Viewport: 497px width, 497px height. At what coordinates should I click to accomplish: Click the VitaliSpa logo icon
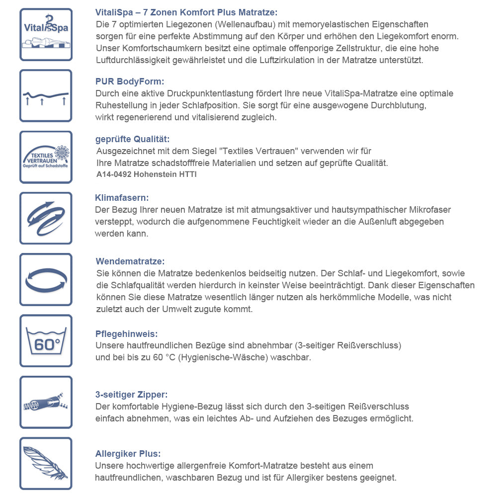46,34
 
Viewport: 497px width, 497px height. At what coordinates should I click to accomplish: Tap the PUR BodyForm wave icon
46,95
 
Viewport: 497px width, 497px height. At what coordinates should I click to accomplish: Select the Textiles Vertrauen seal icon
46,157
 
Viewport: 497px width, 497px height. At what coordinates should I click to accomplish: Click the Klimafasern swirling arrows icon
46,218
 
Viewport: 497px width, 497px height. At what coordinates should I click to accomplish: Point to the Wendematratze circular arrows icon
46,279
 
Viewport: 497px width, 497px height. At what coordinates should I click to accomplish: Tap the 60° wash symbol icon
46,340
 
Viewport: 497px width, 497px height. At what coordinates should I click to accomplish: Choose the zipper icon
46,402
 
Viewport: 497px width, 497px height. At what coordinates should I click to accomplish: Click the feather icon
46,463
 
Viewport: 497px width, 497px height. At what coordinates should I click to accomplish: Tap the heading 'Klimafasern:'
122,198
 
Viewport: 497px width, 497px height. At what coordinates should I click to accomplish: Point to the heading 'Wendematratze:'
130,261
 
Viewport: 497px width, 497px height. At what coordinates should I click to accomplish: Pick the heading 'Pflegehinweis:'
126,334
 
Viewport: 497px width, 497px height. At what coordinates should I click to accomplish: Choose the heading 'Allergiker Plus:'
128,454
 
